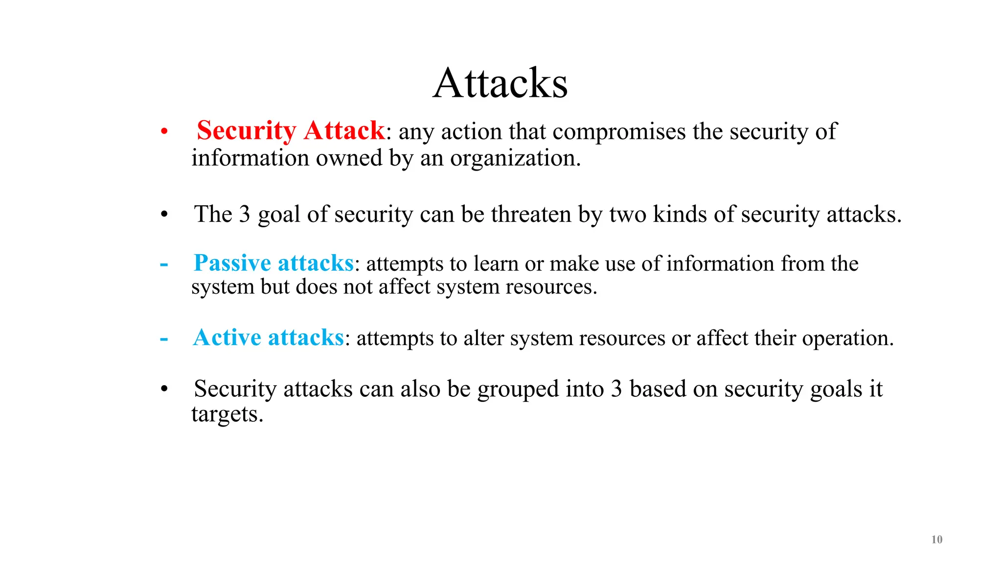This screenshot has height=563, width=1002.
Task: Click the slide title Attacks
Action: click(x=500, y=84)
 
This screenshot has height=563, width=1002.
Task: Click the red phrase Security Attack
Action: click(x=291, y=131)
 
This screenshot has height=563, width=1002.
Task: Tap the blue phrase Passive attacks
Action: click(x=273, y=263)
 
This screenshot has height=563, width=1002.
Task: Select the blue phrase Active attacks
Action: click(x=269, y=338)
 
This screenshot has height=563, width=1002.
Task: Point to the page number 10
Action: click(x=936, y=540)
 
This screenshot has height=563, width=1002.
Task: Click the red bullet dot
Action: click(x=164, y=131)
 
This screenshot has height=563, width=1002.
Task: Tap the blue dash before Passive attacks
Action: click(x=164, y=264)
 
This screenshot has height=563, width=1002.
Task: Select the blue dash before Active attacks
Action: click(x=164, y=339)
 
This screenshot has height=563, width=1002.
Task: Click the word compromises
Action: click(x=619, y=132)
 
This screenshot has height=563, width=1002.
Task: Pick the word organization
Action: click(x=515, y=158)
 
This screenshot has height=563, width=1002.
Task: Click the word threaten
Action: click(x=531, y=215)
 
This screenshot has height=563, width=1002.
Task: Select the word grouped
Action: click(x=518, y=390)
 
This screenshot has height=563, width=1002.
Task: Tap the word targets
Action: click(x=227, y=415)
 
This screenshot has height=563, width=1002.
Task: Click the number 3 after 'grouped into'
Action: click(x=616, y=390)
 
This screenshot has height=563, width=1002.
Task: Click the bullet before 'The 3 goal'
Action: click(x=164, y=215)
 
